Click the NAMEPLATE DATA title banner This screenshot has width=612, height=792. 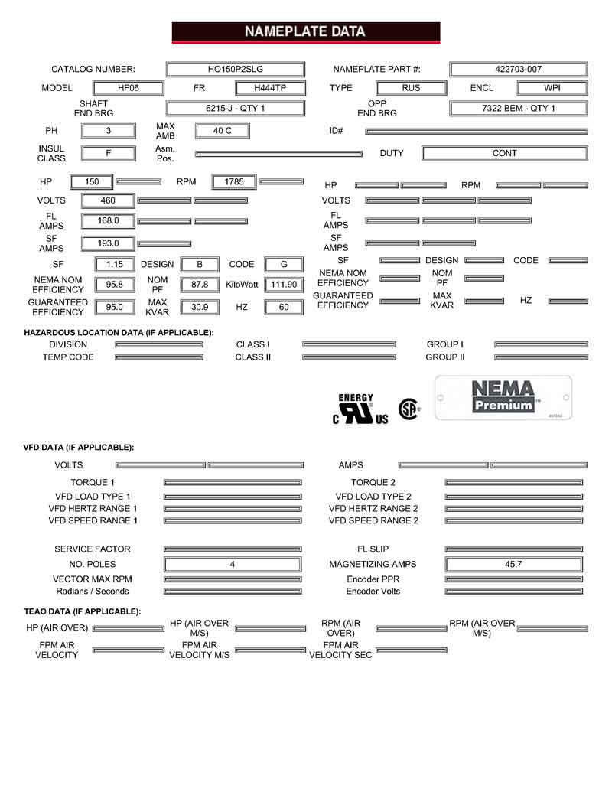pyautogui.click(x=305, y=32)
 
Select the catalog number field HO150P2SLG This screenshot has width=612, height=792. pyautogui.click(x=235, y=69)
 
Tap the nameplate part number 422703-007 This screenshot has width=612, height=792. pyautogui.click(x=518, y=69)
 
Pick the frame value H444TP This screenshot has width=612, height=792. pyautogui.click(x=269, y=88)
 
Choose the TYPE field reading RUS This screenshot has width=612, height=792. pyautogui.click(x=411, y=88)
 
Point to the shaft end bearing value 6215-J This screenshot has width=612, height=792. pyautogui.click(x=235, y=109)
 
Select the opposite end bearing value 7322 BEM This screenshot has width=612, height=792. pyautogui.click(x=518, y=109)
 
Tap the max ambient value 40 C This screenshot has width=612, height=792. pyautogui.click(x=222, y=131)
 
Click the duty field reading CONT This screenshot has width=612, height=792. pyautogui.click(x=504, y=153)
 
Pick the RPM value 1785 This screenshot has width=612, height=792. pyautogui.click(x=234, y=182)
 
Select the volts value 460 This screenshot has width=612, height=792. pyautogui.click(x=109, y=200)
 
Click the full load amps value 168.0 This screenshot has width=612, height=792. pyautogui.click(x=109, y=221)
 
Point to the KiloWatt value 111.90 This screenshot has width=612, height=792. pyautogui.click(x=284, y=285)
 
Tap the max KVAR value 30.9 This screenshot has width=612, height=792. pyautogui.click(x=199, y=307)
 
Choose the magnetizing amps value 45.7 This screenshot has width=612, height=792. pyautogui.click(x=513, y=564)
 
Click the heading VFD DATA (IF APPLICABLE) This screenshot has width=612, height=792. pyautogui.click(x=79, y=447)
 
